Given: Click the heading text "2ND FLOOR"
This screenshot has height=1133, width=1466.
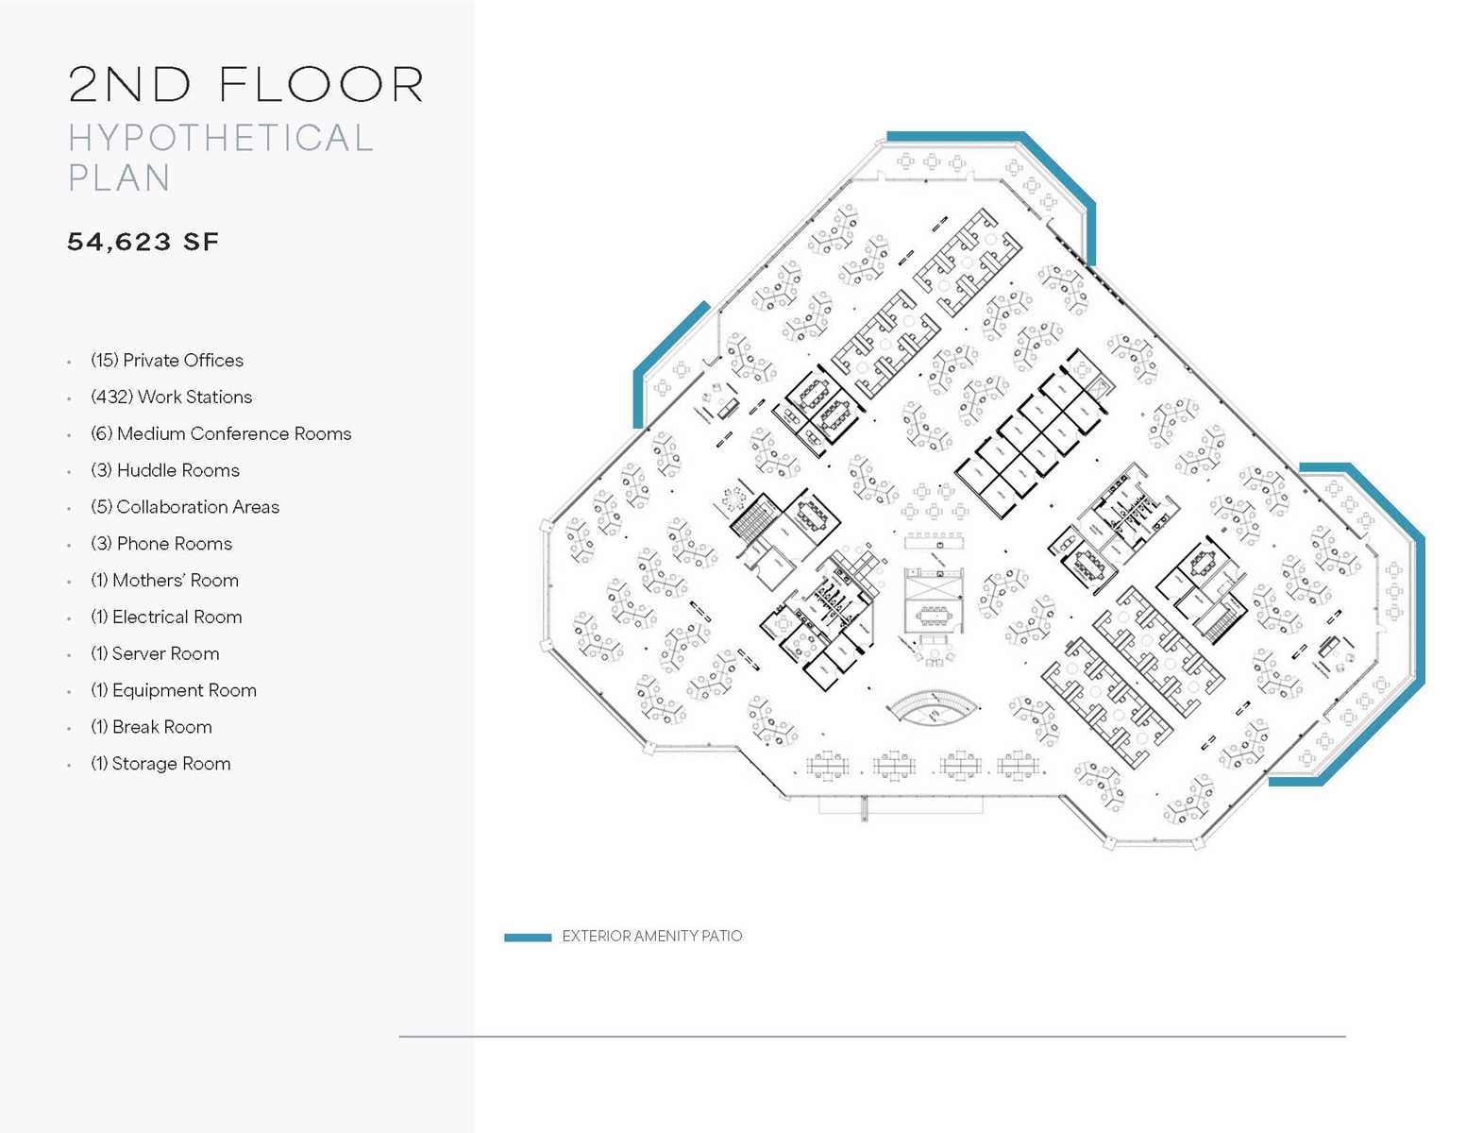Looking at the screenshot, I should click(x=245, y=85).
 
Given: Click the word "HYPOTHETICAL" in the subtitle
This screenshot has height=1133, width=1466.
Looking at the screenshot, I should click(x=221, y=138).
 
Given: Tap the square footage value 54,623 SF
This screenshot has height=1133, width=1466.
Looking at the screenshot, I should click(x=143, y=243).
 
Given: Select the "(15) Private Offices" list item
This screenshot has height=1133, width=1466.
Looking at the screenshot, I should click(x=166, y=361).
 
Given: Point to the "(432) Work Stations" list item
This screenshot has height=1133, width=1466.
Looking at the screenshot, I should click(x=171, y=397).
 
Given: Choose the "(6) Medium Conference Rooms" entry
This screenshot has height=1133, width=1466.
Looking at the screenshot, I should click(x=220, y=434).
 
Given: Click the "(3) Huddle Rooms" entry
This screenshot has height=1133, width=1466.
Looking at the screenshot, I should click(x=164, y=471).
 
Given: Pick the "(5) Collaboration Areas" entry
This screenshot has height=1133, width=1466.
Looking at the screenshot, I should click(x=184, y=508).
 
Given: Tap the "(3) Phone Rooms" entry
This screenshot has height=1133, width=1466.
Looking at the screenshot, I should click(x=160, y=545).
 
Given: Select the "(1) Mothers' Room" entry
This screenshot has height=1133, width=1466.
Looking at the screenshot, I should click(x=164, y=581).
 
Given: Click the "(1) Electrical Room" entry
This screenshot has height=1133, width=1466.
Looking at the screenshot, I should click(x=166, y=617).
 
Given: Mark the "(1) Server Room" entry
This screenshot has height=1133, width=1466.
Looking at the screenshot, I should click(x=155, y=654).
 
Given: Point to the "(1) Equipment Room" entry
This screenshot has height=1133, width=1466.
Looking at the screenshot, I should click(x=173, y=691).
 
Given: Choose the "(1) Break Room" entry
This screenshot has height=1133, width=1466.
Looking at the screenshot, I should click(x=151, y=728).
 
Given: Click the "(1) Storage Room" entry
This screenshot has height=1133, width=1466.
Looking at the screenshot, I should click(x=160, y=765).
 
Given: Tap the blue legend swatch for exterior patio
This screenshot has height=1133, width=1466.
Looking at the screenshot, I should click(x=528, y=938).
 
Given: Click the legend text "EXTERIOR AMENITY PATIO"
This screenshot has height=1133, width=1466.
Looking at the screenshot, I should click(x=651, y=937).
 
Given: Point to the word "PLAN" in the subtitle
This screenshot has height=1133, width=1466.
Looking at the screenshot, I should click(x=119, y=178).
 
